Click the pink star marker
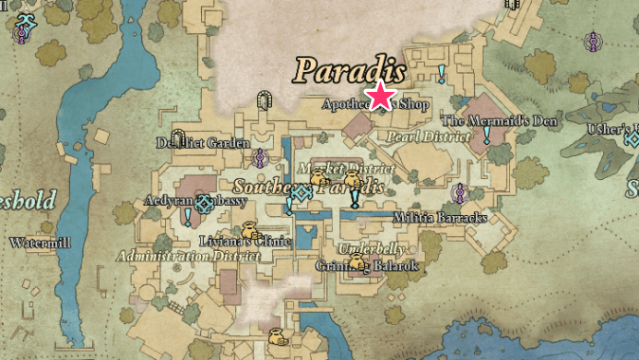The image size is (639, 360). [x=381, y=96]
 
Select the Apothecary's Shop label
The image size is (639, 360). [x=375, y=104]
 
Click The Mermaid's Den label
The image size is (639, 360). [x=502, y=121]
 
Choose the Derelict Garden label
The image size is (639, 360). [x=202, y=143]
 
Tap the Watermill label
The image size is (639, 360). [x=40, y=243]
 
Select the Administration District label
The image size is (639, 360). [x=189, y=256]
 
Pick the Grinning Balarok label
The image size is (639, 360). [x=367, y=266]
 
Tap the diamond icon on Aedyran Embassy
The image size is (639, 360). [x=204, y=202]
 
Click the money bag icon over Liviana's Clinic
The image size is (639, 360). [x=248, y=229]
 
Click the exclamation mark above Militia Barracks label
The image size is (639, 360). [x=355, y=198]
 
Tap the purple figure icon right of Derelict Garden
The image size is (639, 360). [x=260, y=158]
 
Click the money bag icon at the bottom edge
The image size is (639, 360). [x=275, y=336]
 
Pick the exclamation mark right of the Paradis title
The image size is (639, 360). [x=441, y=73]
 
